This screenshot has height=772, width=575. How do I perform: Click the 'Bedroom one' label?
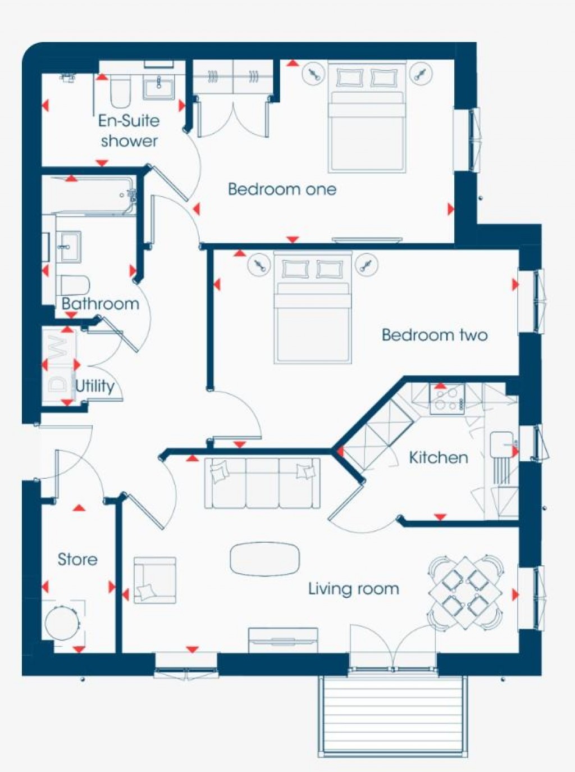click(x=282, y=189)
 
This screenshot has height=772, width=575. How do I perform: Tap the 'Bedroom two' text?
click(x=434, y=335)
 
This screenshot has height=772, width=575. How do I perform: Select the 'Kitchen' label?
click(x=438, y=457)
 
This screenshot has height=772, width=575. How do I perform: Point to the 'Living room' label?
click(x=353, y=589)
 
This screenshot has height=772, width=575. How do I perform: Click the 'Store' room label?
click(x=77, y=559)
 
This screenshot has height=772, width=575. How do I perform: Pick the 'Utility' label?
click(x=94, y=386)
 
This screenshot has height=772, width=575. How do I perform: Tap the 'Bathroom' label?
click(x=100, y=304)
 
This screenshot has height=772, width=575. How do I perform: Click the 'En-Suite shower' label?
click(x=129, y=131)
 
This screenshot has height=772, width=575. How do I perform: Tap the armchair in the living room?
click(x=154, y=580)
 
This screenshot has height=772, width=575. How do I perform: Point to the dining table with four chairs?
click(x=465, y=592)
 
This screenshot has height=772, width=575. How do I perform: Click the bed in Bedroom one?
click(x=367, y=124)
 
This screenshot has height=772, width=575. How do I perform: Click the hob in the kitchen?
click(x=447, y=399)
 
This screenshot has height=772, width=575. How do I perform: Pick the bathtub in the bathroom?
click(x=89, y=196)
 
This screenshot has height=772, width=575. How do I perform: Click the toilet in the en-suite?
click(x=120, y=92)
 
